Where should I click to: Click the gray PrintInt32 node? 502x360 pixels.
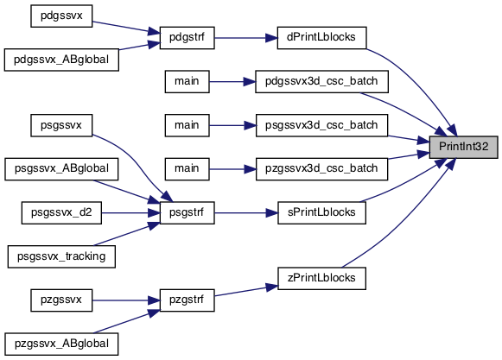click(464, 147)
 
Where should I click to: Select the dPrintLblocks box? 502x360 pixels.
click(321, 38)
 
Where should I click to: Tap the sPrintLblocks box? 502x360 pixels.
click(321, 212)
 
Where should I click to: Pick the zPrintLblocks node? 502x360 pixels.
click(321, 278)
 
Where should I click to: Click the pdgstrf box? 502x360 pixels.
click(187, 38)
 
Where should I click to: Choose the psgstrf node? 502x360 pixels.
click(187, 212)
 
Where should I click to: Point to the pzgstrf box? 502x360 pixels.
click(187, 300)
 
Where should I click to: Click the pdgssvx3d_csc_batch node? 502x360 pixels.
click(321, 82)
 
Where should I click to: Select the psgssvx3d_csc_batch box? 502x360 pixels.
click(321, 125)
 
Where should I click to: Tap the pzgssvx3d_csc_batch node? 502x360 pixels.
click(321, 169)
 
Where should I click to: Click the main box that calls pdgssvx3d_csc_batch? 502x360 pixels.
click(187, 82)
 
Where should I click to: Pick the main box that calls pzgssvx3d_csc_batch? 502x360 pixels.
click(187, 169)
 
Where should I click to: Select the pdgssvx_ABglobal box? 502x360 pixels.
click(61, 60)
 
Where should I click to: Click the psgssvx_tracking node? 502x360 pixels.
click(61, 256)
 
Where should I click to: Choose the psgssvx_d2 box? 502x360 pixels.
click(61, 212)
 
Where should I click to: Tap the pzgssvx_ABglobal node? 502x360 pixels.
click(61, 344)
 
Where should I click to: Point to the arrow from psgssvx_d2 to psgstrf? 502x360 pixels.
click(130, 212)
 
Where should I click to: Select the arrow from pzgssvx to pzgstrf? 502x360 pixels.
click(126, 300)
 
